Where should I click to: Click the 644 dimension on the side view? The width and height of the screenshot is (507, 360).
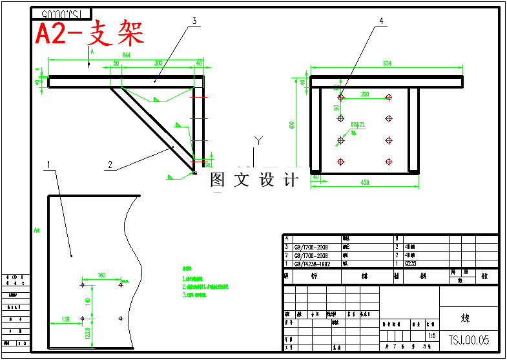click(127, 56)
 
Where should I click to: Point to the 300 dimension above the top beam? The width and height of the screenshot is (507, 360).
click(158, 63)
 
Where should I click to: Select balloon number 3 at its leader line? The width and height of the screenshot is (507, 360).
click(193, 21)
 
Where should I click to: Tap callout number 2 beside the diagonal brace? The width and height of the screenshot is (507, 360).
click(110, 165)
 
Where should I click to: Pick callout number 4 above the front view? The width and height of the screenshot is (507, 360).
click(381, 21)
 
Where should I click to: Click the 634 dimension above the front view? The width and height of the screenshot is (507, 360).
click(388, 63)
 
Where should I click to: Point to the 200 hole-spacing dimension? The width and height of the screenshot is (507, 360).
click(365, 94)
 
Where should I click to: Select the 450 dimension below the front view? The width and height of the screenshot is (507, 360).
click(365, 183)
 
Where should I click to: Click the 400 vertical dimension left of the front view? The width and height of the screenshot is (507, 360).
click(292, 124)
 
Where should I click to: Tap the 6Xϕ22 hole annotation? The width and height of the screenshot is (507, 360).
click(358, 125)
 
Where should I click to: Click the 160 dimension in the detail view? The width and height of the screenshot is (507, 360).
click(101, 276)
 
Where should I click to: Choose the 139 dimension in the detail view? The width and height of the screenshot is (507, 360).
click(65, 319)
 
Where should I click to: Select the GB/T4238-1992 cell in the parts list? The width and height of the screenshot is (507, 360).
click(312, 264)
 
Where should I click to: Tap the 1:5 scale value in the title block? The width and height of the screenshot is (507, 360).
click(431, 336)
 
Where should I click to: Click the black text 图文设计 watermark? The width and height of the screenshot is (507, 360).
click(254, 180)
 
